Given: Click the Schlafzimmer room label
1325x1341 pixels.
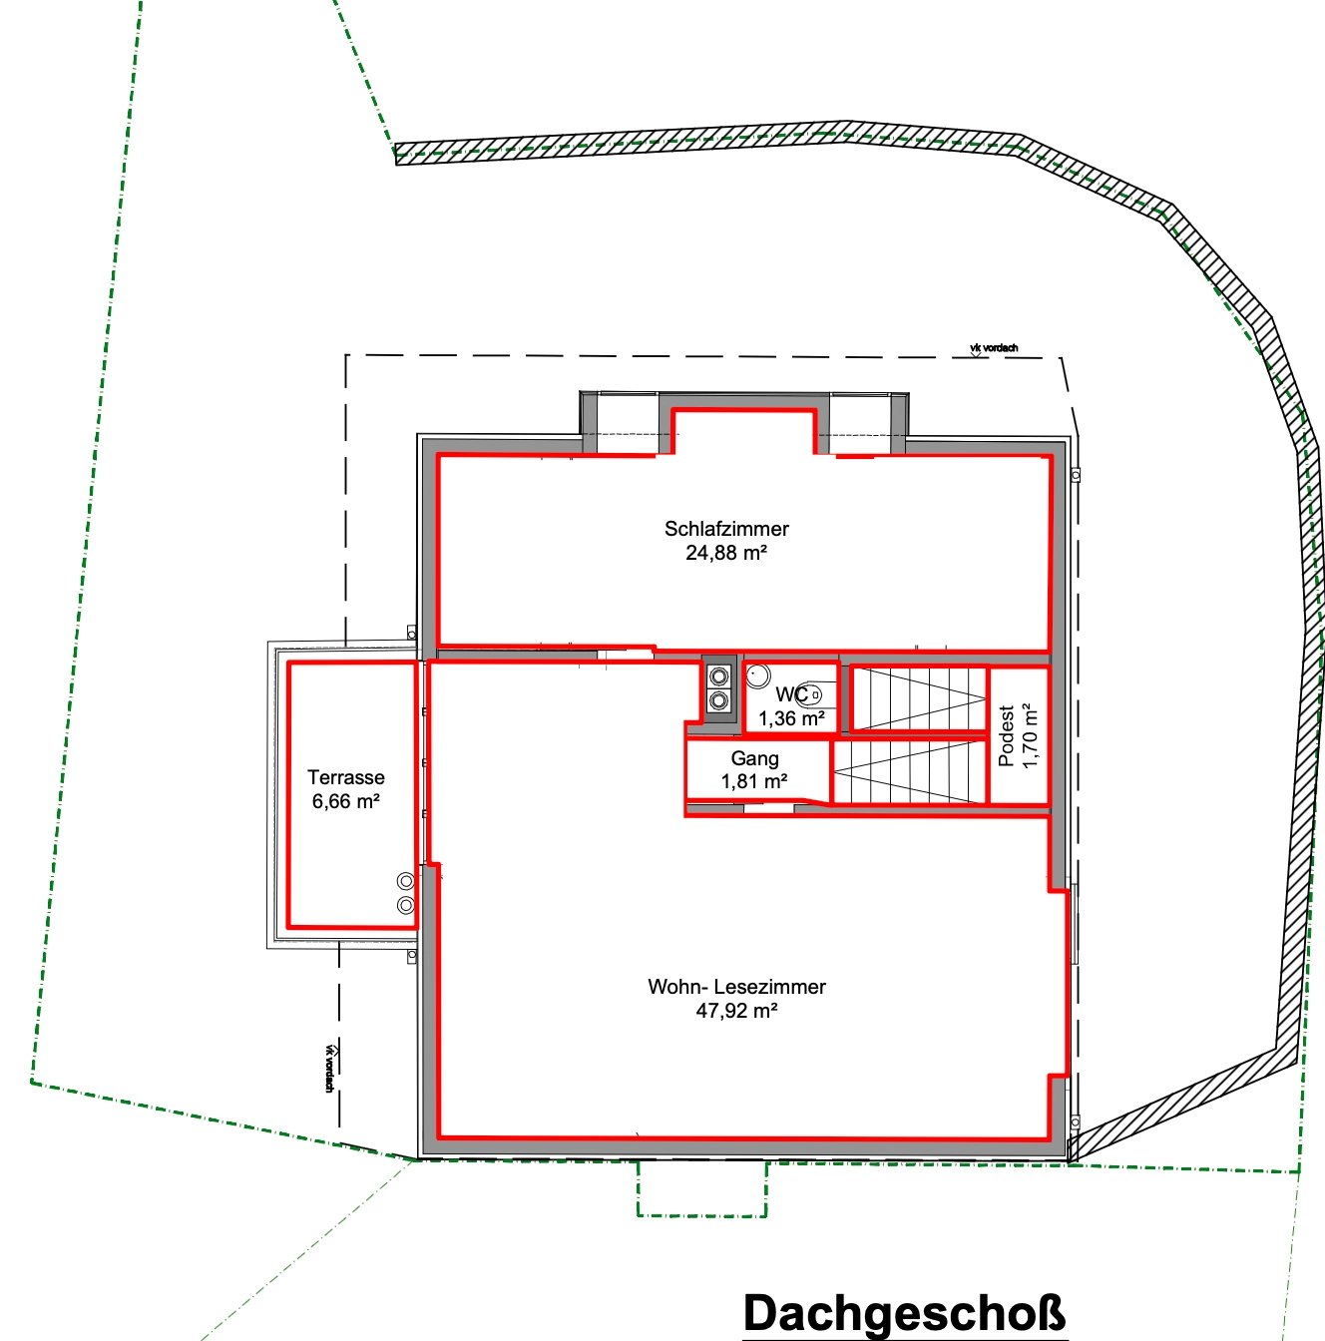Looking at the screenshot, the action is (726, 529).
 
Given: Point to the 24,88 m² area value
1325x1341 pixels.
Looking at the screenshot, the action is (726, 553).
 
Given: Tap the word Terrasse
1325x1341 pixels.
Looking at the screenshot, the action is (346, 777).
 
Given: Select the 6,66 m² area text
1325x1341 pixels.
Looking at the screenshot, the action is (346, 801).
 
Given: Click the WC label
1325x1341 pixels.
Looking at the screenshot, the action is (792, 693).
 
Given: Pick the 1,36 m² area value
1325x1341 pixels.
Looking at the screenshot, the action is (792, 718).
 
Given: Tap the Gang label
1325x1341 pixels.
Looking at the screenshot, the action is (755, 758).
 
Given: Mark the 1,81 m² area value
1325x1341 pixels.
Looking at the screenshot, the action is (754, 781).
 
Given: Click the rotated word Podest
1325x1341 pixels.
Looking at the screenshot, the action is (1007, 736).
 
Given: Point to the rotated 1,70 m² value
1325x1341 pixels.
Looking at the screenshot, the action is (1030, 736).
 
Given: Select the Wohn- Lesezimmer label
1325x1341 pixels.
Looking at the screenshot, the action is (737, 987).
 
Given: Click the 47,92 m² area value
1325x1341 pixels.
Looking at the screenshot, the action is (737, 1011).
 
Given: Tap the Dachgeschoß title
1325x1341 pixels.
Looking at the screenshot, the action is (905, 1313).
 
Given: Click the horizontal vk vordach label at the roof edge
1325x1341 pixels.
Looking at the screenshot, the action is (995, 347).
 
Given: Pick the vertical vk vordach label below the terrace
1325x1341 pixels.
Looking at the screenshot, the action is (329, 1069).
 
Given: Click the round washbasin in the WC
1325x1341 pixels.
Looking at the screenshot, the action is (758, 675).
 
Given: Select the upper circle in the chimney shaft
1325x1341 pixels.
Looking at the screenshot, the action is (718, 675).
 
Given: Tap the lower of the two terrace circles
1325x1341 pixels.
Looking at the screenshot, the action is (406, 905).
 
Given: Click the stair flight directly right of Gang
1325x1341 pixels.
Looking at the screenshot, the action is (910, 771).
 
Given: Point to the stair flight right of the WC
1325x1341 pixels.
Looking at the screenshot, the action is (920, 698).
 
